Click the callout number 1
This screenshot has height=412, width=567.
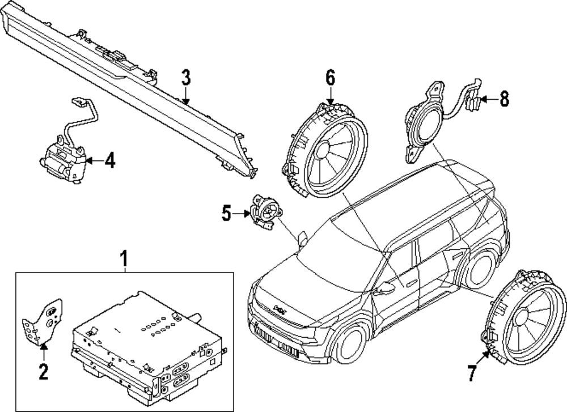click(124, 260)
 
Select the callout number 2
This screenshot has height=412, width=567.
click(43, 372)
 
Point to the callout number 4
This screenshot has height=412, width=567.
click(109, 162)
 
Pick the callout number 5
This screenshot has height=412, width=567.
click(226, 213)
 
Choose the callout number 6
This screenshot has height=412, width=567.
click(331, 78)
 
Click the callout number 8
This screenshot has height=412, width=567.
click(503, 100)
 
